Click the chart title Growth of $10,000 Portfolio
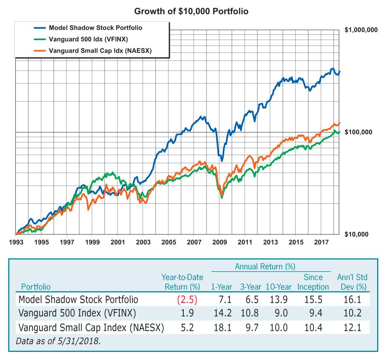pyautogui.click(x=191, y=11)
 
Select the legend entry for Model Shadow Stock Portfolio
pyautogui.click(x=95, y=28)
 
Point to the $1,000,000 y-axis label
pyautogui.click(x=360, y=30)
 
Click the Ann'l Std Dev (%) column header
pyautogui.click(x=351, y=282)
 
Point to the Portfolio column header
pyautogui.click(x=36, y=287)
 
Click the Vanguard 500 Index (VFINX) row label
pyautogui.click(x=76, y=314)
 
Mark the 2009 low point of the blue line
pyautogui.click(x=222, y=161)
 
